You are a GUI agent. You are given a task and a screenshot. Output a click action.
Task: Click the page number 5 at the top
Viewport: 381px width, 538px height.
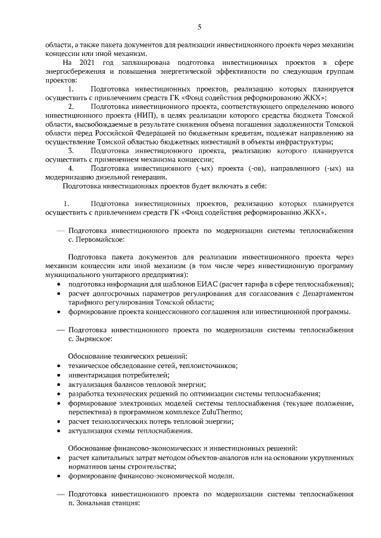coord(200,26)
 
